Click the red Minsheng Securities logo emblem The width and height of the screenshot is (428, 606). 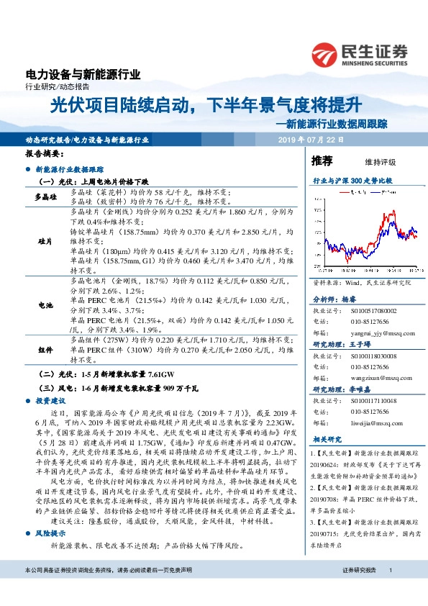tap(327, 53)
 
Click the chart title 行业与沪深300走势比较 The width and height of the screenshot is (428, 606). tap(352, 182)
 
